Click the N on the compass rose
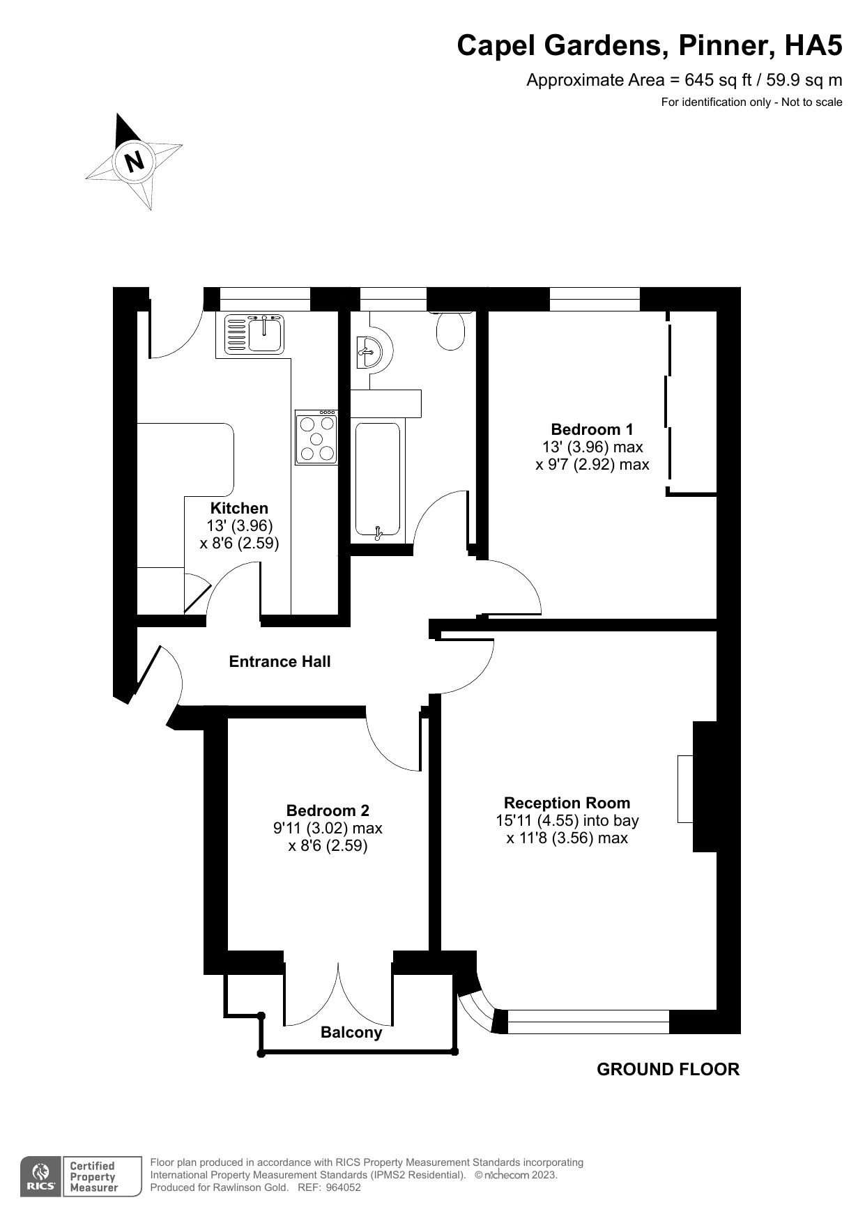(x=134, y=161)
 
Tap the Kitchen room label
(x=239, y=508)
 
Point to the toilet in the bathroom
(x=450, y=330)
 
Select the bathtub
(x=378, y=481)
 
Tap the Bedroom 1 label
(x=592, y=429)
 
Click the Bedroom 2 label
(x=328, y=810)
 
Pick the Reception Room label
(x=567, y=803)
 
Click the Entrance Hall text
(x=280, y=661)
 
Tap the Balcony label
(x=351, y=1032)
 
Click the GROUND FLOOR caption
(x=668, y=1069)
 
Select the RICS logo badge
(x=40, y=1176)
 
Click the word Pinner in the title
(x=722, y=46)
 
